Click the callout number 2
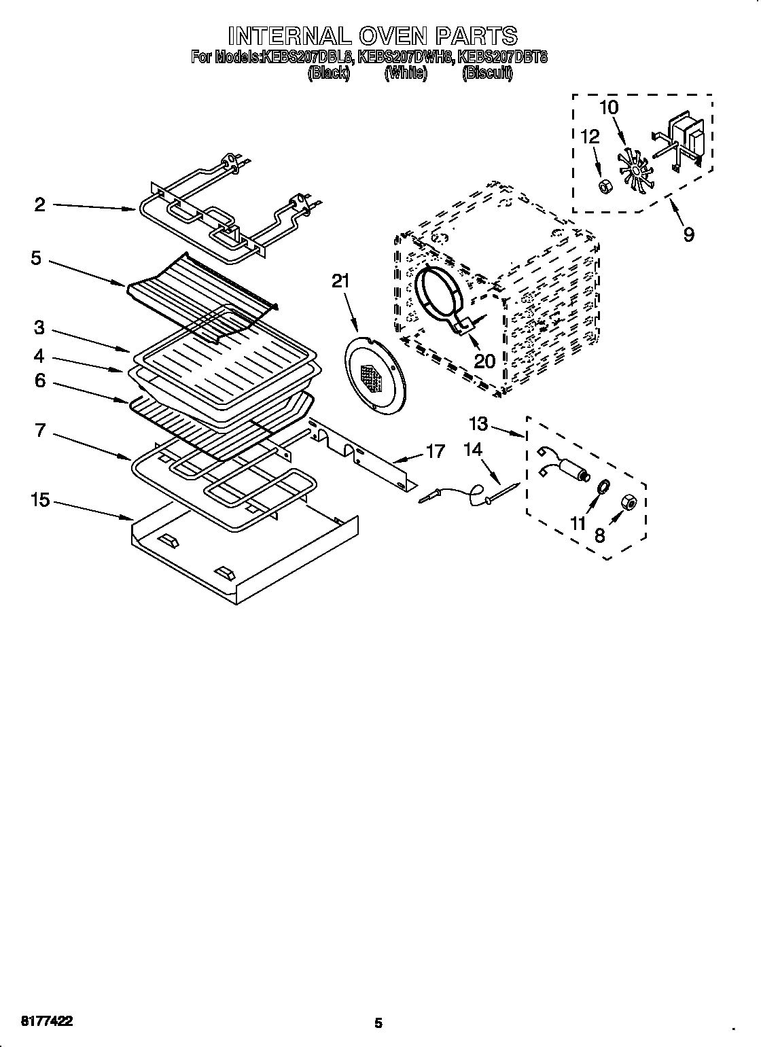coord(40,205)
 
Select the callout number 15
coord(40,500)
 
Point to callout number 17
coord(435,450)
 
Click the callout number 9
coord(688,234)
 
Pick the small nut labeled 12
coord(602,184)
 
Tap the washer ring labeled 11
coord(602,486)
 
